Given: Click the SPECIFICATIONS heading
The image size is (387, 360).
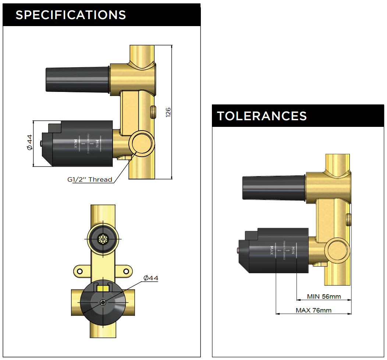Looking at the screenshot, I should [71, 15].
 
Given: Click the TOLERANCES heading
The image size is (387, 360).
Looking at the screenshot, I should [262, 116].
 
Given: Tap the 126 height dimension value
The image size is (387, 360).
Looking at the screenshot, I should [168, 112].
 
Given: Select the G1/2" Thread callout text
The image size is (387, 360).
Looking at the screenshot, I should [90, 179].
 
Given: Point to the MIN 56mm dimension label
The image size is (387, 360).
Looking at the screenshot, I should [324, 296].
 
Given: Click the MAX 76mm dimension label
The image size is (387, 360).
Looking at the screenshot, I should [313, 310].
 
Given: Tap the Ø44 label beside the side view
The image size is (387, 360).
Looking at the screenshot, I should [30, 142].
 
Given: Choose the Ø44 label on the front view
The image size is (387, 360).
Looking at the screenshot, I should [150, 278].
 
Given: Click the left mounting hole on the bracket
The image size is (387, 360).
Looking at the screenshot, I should [79, 271].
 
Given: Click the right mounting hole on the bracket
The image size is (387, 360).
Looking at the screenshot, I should [126, 271].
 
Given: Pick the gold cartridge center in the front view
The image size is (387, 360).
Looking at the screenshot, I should [103, 239].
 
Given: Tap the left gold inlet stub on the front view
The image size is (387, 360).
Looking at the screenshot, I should [75, 302].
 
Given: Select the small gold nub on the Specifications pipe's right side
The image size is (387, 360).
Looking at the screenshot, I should [153, 111].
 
